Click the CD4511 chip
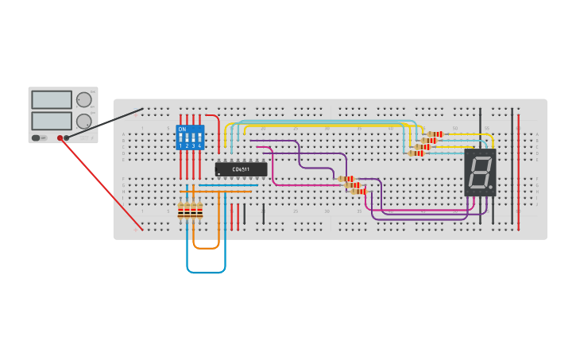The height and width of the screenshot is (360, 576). (x=241, y=169)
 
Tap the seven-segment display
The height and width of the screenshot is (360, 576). (x=480, y=172)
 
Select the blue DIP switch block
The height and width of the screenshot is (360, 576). (x=190, y=137)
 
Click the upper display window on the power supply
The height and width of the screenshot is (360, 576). (x=52, y=99)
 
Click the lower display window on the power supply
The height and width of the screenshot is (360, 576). (x=52, y=121)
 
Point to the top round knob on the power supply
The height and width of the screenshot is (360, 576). (x=83, y=99)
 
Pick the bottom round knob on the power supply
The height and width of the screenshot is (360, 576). (x=83, y=121)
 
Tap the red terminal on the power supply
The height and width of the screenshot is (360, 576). (x=60, y=138)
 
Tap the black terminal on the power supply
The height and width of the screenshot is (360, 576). (x=67, y=138)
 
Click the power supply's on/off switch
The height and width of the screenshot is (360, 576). (x=38, y=137)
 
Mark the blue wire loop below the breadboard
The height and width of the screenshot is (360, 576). (x=206, y=272)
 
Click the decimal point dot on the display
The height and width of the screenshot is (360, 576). (x=490, y=188)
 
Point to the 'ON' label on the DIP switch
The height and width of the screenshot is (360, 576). (x=182, y=130)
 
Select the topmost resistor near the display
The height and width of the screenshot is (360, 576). (x=435, y=134)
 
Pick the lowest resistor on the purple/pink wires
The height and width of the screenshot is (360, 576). (x=359, y=191)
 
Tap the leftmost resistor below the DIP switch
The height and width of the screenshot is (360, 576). (x=181, y=211)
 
